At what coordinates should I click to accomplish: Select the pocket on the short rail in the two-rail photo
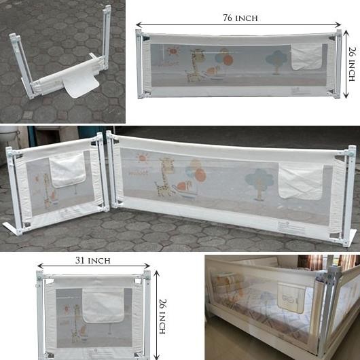67,170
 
